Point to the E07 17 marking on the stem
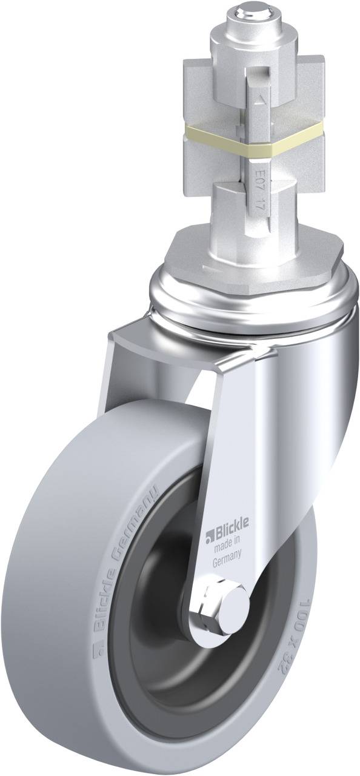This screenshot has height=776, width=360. (x=259, y=182)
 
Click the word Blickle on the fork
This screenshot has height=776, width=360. (x=228, y=534)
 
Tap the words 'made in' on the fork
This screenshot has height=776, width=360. (x=228, y=548)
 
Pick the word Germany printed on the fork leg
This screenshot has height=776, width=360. (x=228, y=561)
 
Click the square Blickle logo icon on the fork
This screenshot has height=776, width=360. (x=209, y=535)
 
